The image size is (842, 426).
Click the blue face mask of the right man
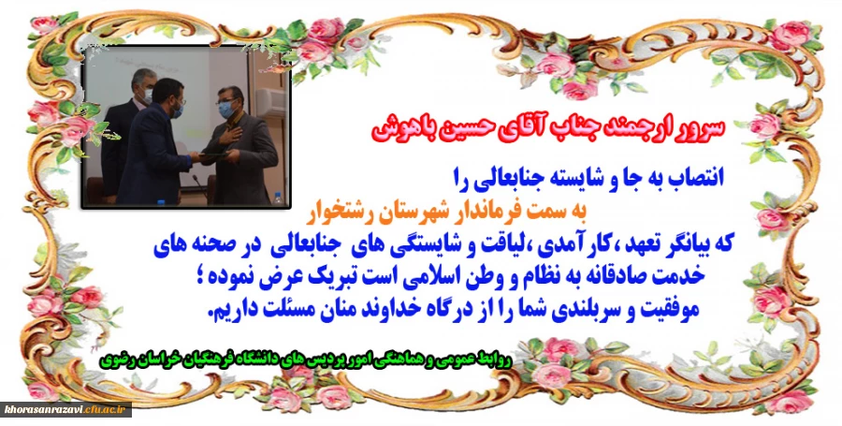point(227,110)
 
